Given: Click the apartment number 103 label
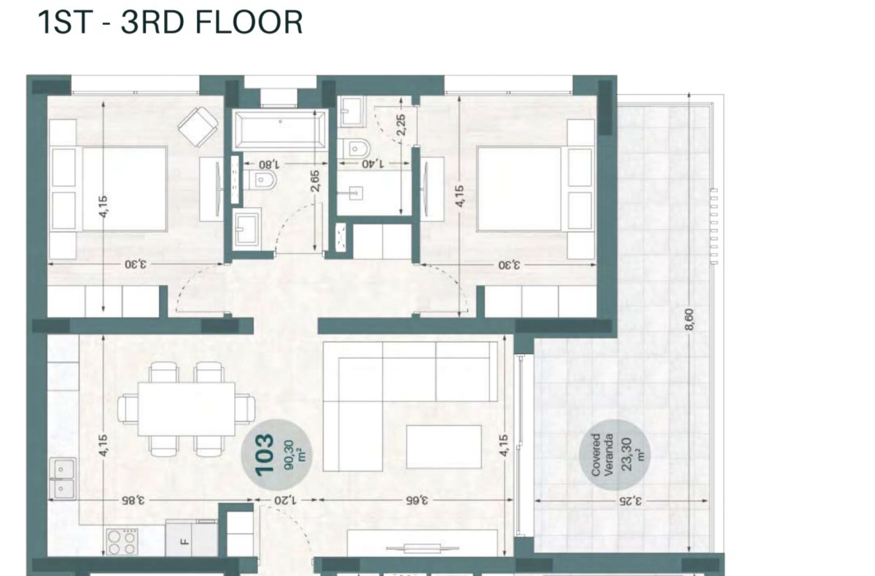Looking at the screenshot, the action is point(265,454).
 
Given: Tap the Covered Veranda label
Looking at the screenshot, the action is point(602,455).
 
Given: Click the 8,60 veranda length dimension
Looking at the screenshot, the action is point(690,320).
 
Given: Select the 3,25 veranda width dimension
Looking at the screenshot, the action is point(631,501).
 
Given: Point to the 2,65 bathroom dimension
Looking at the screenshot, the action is point(315,181).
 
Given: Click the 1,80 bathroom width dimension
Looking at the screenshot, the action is point(270,164).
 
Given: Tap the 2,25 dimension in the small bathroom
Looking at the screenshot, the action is point(401,125).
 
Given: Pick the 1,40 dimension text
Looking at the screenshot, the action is point(373,164).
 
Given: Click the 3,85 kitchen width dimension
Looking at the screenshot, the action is point(133,500).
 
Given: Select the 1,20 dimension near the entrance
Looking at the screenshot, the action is point(285,500).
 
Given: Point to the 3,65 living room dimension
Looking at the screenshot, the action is point(417,500).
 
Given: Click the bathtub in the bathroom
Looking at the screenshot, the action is point(280,130).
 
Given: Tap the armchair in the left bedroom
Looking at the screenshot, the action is point(198,127).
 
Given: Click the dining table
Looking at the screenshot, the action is point(187,409).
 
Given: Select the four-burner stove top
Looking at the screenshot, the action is point(122,542).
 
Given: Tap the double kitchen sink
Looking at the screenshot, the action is point(63,479).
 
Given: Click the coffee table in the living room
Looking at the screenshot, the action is point(444,447).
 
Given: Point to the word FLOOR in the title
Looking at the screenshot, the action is point(249,23).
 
